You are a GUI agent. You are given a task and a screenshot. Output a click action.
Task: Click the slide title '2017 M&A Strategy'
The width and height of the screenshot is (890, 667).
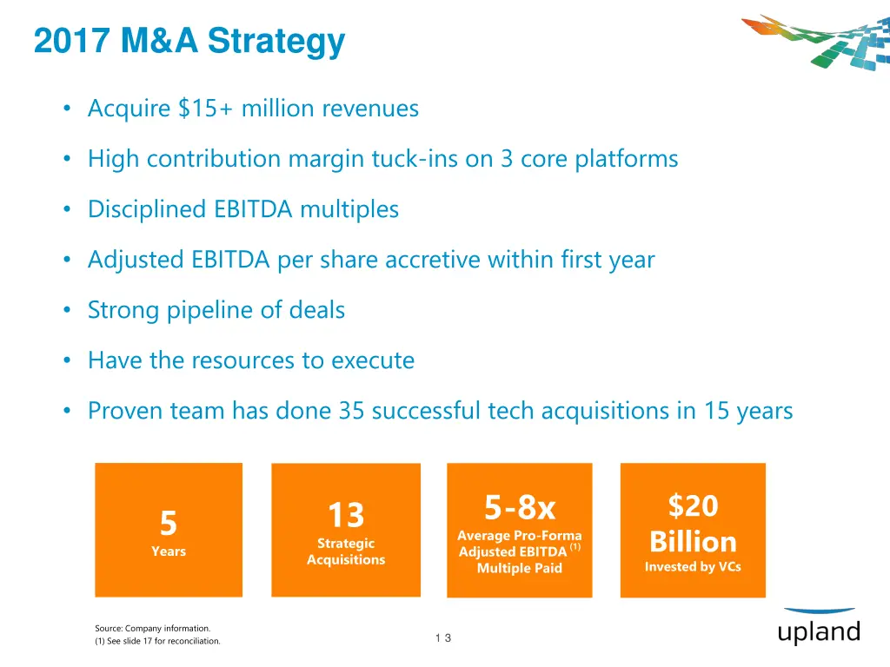tap(189, 42)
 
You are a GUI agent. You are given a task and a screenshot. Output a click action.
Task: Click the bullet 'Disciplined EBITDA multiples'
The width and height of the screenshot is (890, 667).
tap(243, 209)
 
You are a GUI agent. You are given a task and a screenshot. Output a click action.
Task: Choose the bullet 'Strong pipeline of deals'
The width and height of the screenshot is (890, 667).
tap(216, 310)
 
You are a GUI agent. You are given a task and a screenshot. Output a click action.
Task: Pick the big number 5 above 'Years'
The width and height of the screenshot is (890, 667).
tap(169, 524)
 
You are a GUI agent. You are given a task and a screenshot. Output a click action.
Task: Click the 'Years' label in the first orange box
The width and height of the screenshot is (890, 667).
tap(169, 551)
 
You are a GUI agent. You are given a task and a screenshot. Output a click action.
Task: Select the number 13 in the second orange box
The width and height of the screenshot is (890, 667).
tap(345, 515)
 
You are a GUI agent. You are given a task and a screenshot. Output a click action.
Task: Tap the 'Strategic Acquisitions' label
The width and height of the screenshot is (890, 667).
tap(345, 551)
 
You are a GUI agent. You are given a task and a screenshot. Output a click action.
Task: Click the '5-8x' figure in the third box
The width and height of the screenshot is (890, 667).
tap(520, 506)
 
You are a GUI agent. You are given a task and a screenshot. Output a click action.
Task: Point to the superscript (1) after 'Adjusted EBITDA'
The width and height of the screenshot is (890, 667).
tap(575, 547)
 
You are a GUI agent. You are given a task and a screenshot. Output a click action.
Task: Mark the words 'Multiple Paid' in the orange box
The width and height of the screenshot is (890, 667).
tap(520, 569)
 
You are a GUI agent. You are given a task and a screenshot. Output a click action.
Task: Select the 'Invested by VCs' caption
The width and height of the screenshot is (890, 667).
tap(693, 567)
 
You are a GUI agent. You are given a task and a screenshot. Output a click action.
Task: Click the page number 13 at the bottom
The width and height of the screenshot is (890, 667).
tap(443, 638)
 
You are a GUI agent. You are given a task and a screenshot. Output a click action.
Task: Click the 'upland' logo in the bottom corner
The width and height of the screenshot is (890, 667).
tap(819, 631)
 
